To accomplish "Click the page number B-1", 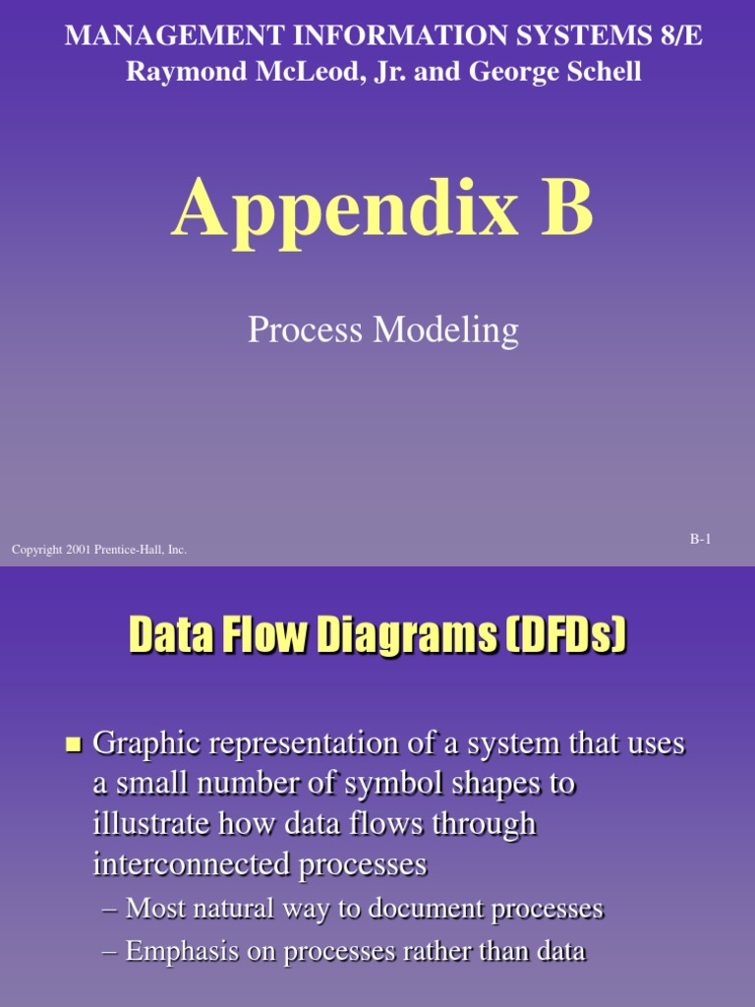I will [700, 538].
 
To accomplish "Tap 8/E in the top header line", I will [677, 36].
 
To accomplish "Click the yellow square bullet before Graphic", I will [71, 746].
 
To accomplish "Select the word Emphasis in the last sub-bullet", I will [181, 951].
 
